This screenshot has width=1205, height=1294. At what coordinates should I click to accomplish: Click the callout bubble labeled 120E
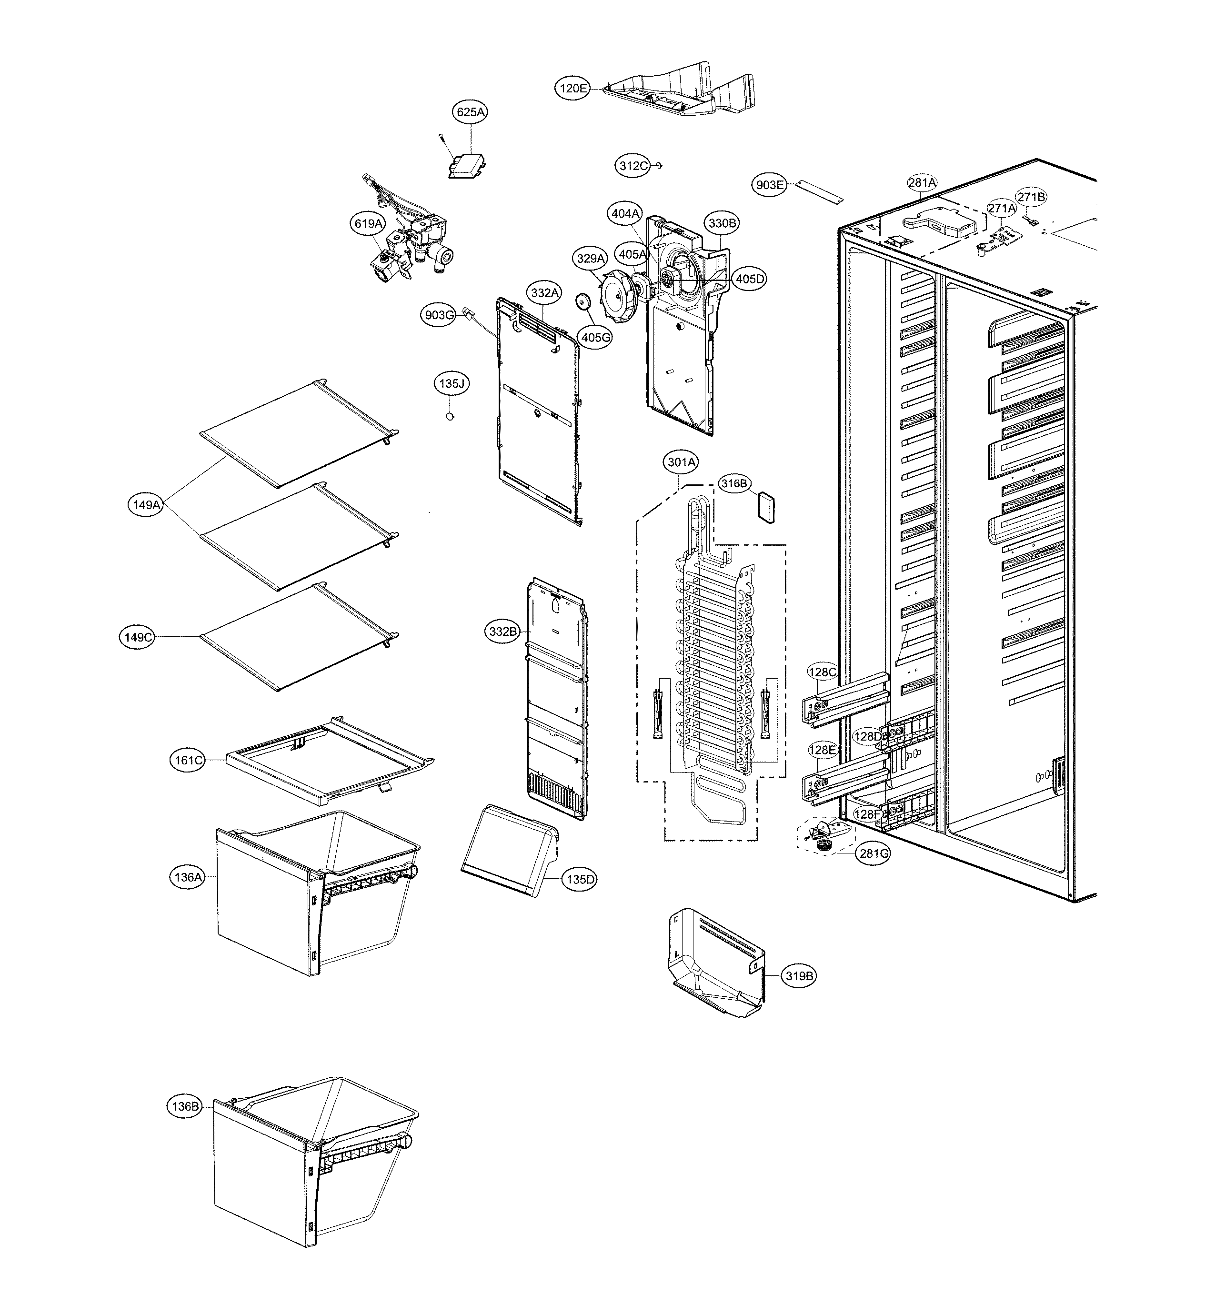pyautogui.click(x=573, y=88)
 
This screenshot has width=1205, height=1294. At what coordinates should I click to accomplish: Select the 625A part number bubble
pyautogui.click(x=471, y=112)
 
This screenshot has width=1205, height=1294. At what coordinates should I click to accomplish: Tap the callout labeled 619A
pyautogui.click(x=368, y=224)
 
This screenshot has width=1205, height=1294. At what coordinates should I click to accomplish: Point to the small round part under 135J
pyautogui.click(x=449, y=416)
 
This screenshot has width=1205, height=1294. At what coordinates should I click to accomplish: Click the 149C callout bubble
pyautogui.click(x=137, y=637)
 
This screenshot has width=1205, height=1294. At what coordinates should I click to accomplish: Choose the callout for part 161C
pyautogui.click(x=188, y=760)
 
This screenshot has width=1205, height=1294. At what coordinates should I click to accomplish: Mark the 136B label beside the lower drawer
pyautogui.click(x=184, y=1106)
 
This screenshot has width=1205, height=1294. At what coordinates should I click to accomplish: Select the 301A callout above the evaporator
pyautogui.click(x=682, y=462)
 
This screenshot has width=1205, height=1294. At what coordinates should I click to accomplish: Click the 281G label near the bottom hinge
pyautogui.click(x=873, y=853)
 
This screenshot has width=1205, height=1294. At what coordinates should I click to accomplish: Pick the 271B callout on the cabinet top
pyautogui.click(x=1031, y=197)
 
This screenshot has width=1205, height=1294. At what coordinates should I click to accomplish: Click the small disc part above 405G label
pyautogui.click(x=582, y=301)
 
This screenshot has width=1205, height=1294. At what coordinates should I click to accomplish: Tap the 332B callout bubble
pyautogui.click(x=503, y=631)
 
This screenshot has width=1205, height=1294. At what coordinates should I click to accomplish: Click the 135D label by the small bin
pyautogui.click(x=580, y=879)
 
